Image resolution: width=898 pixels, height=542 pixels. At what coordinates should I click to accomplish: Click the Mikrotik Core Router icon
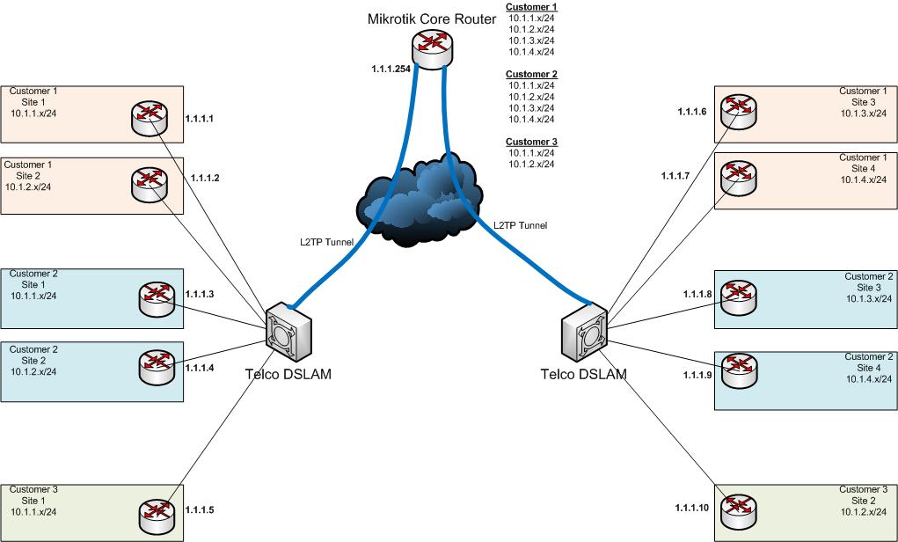tap(432, 49)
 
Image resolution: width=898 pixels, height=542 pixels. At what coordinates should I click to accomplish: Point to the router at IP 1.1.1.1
tap(150, 117)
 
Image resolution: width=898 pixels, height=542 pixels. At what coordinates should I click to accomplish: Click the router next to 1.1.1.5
tap(157, 515)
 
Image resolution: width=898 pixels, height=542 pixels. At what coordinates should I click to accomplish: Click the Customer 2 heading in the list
tap(532, 75)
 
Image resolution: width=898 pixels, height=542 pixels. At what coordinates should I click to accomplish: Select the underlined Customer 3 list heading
tap(532, 142)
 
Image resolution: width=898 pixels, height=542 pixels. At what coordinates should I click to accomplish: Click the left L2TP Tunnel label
tap(326, 242)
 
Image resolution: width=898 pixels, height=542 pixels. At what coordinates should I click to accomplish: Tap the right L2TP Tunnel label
tap(520, 225)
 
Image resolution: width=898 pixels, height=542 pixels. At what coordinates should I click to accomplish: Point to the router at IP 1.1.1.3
tap(157, 298)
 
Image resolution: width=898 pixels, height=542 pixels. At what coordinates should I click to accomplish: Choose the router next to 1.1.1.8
tap(738, 297)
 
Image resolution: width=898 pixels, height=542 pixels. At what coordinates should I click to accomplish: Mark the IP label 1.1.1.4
tap(200, 368)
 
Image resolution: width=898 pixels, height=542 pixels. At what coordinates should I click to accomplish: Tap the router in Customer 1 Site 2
tap(149, 183)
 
